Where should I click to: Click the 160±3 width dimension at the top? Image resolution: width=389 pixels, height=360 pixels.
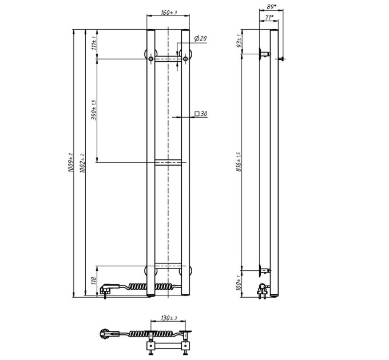tap(169, 13)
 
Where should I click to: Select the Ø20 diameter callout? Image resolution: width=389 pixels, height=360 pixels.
tap(200, 38)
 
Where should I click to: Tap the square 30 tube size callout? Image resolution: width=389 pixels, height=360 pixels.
tap(201, 114)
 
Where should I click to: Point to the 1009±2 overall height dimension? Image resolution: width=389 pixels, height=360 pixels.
tap(70, 163)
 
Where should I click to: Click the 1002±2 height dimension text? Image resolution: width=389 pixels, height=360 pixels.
tap(82, 163)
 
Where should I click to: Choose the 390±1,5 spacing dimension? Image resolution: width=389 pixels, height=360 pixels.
tap(94, 110)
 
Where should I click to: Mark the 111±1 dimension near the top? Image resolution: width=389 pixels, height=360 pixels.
tap(94, 43)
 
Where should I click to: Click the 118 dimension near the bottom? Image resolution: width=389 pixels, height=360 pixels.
tap(94, 281)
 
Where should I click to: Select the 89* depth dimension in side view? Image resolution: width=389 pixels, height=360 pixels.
tap(271, 7)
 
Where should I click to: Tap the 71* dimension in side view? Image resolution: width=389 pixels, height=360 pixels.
tap(269, 17)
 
